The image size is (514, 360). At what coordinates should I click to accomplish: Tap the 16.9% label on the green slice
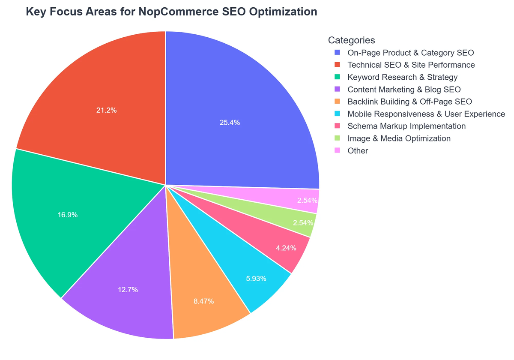click(68, 215)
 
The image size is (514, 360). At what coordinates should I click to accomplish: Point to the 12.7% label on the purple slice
click(128, 290)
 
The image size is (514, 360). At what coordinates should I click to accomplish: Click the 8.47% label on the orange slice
click(203, 301)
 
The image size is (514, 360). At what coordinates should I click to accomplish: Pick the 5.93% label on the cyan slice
click(256, 279)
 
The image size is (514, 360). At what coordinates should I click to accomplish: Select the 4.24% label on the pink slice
click(286, 248)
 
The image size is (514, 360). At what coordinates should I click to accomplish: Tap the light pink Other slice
click(307, 200)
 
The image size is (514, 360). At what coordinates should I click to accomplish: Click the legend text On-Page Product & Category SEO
click(411, 53)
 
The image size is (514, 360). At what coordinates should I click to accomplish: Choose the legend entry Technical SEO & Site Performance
click(411, 65)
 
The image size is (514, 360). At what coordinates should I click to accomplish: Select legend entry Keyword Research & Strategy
click(402, 77)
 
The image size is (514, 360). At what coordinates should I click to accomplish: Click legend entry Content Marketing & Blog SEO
click(404, 90)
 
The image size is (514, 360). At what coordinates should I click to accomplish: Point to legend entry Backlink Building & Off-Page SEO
click(409, 102)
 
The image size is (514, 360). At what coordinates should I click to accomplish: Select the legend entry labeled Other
click(358, 151)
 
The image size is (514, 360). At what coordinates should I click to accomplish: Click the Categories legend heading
click(351, 40)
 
